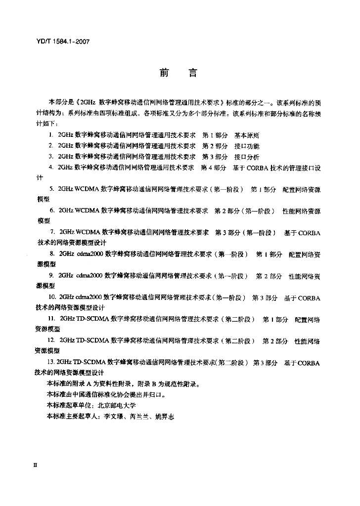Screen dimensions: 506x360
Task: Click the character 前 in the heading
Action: click(164, 73)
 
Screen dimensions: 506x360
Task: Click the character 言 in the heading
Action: click(193, 73)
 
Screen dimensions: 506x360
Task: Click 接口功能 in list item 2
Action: click(247, 146)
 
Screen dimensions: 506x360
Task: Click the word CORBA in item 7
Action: click(309, 233)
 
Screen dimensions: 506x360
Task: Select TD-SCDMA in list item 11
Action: click(93, 320)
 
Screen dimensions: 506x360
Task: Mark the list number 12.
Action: click(52, 341)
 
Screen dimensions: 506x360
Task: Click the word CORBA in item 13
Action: click(309, 363)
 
